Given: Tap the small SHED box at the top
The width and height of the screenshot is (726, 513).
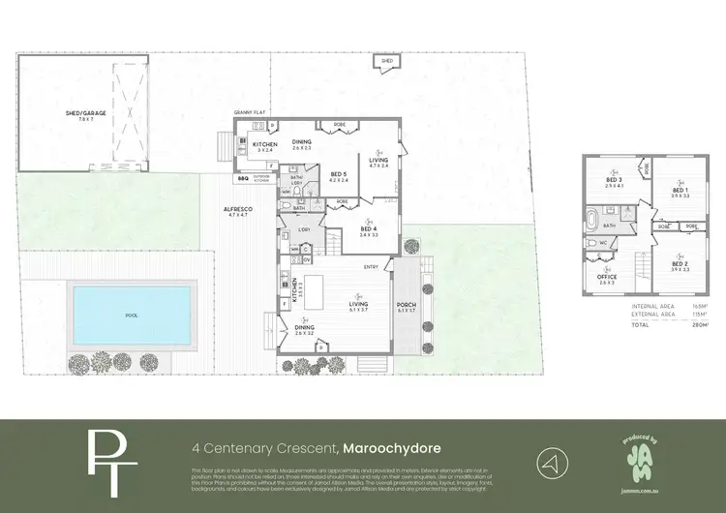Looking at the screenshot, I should pos(387,61).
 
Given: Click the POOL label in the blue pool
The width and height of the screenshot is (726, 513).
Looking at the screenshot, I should pos(133,316).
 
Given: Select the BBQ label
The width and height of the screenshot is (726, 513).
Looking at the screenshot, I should pos(243,178).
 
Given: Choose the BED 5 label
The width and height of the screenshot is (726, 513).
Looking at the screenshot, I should pos(339,175).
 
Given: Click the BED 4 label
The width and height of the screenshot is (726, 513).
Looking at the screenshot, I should pos(369,229).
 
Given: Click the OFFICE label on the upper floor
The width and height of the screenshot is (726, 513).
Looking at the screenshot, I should pos(606,277).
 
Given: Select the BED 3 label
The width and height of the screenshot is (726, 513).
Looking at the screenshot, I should pos(613,180).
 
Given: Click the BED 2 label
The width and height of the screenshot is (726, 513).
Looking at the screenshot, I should pos(681,264).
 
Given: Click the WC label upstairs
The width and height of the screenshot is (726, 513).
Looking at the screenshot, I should pos(601,242).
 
